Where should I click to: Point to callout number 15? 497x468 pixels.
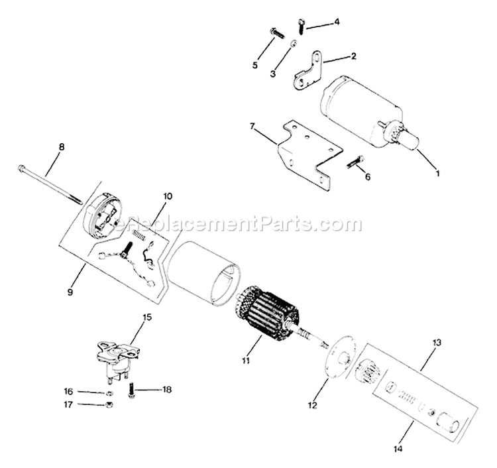[x=147, y=318]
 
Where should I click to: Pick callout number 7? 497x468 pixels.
[x=252, y=125]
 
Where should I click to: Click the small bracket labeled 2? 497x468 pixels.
[x=307, y=74]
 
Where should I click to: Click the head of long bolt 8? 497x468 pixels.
[x=23, y=168]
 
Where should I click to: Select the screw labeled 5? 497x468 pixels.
[x=276, y=31]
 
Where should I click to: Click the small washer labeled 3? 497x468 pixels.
[x=292, y=44]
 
